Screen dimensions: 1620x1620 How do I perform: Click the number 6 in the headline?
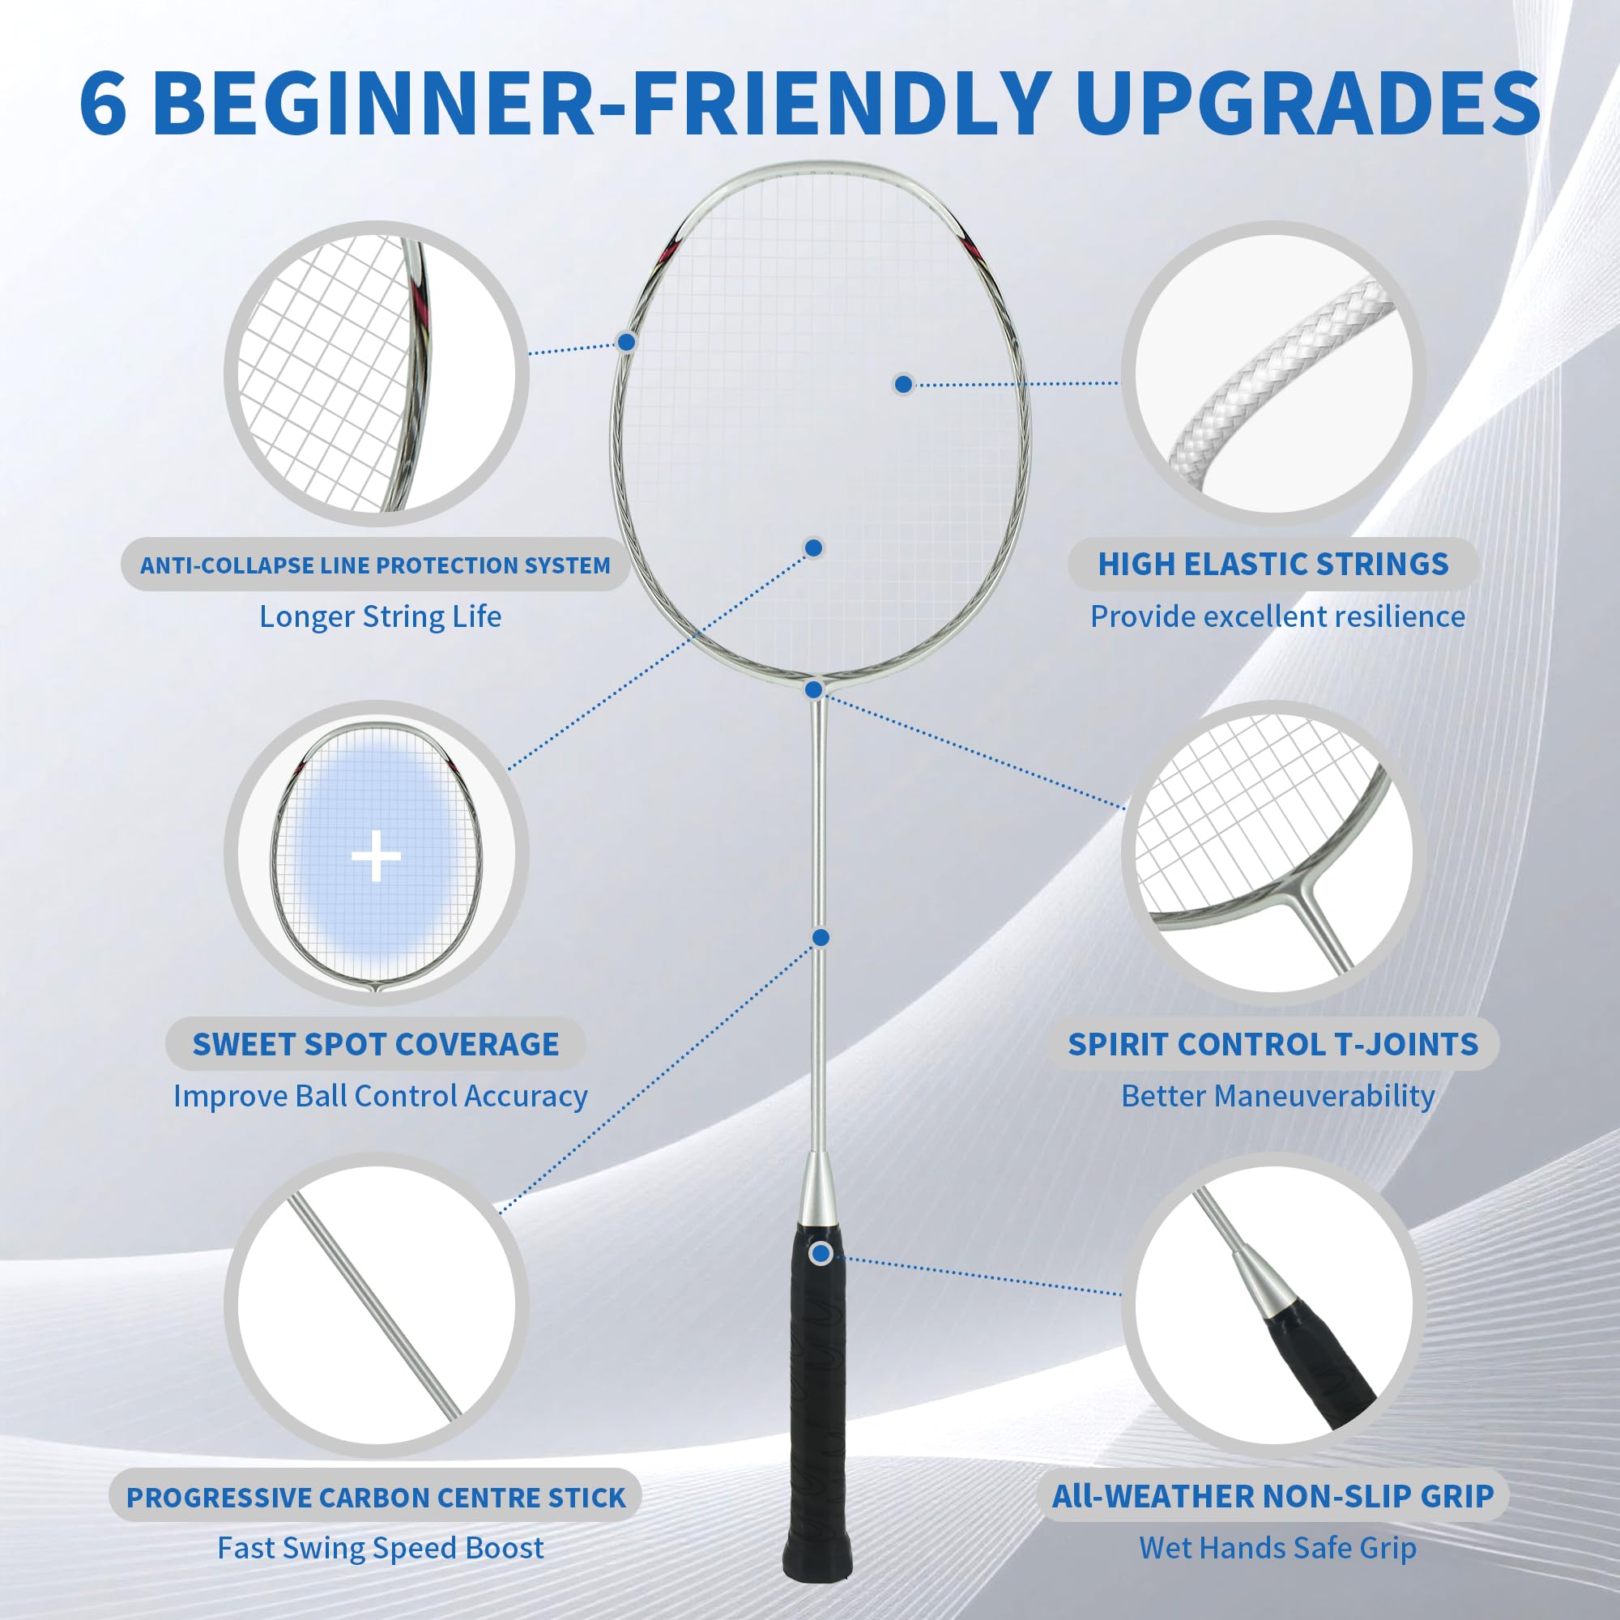click(x=104, y=103)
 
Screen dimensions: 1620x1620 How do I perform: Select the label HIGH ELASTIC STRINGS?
click(x=1273, y=565)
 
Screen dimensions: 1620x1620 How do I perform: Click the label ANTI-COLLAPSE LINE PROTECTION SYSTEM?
click(x=375, y=565)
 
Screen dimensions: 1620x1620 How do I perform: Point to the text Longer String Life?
click(x=380, y=617)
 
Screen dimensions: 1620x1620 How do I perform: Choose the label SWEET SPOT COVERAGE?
click(x=375, y=1044)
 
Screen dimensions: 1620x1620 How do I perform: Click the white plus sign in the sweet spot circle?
click(x=376, y=856)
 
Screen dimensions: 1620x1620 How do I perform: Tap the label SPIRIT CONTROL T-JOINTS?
click(x=1272, y=1044)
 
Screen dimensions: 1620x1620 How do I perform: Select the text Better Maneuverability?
click(x=1277, y=1096)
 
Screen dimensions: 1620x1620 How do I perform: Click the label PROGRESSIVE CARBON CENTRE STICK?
click(x=376, y=1498)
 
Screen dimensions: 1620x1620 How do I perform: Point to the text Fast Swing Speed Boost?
click(x=380, y=1548)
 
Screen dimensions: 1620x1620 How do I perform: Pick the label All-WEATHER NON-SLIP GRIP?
click(x=1273, y=1496)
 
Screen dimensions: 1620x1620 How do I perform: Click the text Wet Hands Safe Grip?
click(x=1277, y=1548)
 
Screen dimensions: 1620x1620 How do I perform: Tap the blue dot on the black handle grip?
click(x=821, y=1254)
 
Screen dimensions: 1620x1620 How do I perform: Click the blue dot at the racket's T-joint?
click(x=813, y=689)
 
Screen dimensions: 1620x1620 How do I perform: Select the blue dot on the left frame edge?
click(x=626, y=341)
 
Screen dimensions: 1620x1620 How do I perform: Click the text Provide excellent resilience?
click(x=1277, y=617)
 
